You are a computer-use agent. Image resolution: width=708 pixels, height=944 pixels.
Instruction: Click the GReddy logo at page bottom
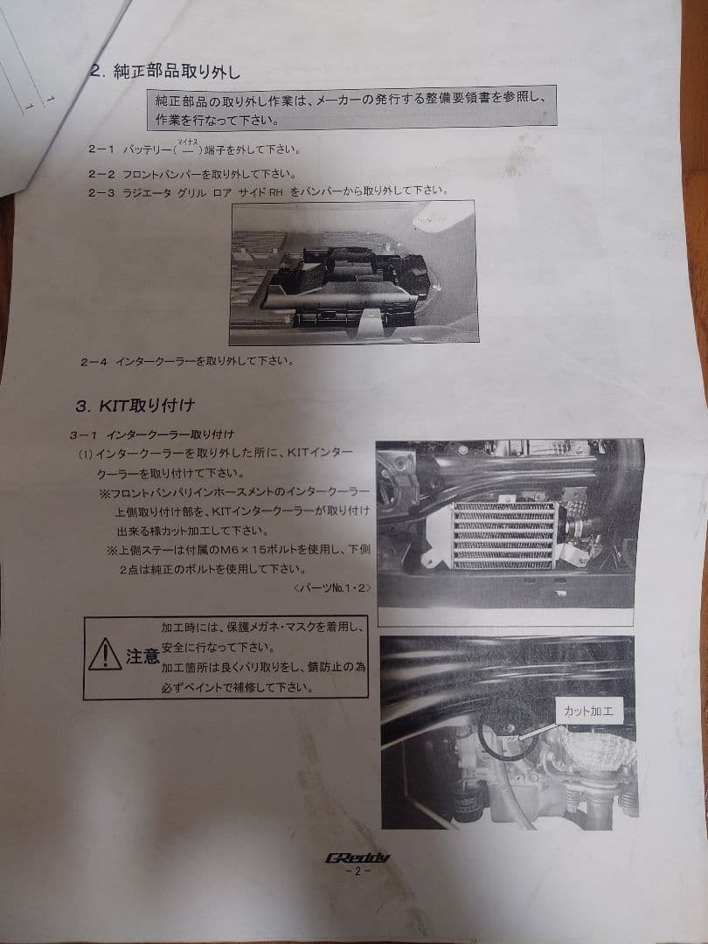[x=357, y=857]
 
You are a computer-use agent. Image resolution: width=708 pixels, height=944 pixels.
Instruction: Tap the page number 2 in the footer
[x=357, y=871]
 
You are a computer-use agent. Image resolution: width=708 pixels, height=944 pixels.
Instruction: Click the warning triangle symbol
[x=105, y=655]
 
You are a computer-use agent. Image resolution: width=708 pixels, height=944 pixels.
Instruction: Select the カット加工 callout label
[x=588, y=711]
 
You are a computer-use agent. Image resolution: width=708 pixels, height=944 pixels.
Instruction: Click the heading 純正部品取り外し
[x=177, y=73]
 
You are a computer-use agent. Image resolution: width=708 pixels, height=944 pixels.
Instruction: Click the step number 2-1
[x=100, y=149]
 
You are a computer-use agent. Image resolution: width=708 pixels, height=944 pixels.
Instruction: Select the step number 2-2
[x=101, y=175]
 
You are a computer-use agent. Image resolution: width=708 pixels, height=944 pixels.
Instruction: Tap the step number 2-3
[x=101, y=192]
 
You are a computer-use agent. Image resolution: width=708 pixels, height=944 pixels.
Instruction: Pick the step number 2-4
[x=94, y=362]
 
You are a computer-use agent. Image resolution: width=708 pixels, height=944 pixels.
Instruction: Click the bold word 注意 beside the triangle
[x=142, y=656]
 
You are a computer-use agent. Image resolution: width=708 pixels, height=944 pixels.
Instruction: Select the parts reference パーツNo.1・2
[x=334, y=587]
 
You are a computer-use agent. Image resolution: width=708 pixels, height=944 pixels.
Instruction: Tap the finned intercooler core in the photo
[x=504, y=535]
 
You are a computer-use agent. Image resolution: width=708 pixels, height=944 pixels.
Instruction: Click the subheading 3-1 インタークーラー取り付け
[x=152, y=434]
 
